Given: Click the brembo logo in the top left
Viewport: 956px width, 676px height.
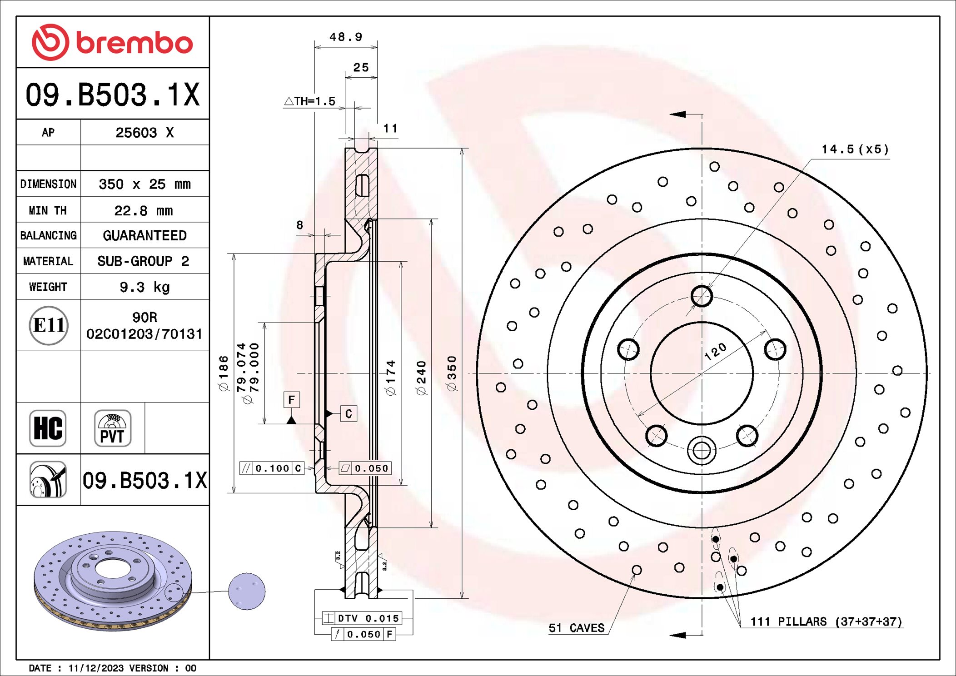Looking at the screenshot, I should (112, 42).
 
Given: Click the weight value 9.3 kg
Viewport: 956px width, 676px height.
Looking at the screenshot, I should (144, 287).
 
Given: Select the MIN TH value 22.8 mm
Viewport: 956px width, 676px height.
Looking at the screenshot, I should (144, 211).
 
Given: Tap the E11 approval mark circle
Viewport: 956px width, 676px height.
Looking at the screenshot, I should (49, 325).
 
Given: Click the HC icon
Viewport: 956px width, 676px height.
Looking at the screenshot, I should (48, 428).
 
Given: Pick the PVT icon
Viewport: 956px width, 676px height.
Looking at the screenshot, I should (112, 428).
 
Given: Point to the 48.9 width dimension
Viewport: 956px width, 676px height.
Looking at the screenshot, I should (345, 37).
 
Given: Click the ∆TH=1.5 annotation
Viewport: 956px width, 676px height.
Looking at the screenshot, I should (310, 101).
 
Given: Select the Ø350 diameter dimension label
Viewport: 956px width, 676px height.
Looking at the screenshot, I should (452, 373).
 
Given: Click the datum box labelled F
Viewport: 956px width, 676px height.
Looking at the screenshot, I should (291, 400).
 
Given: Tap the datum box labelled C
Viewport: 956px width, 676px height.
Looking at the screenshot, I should (349, 413).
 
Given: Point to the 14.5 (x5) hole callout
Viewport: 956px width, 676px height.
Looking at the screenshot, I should (854, 149).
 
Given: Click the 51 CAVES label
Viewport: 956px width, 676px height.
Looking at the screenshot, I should (576, 628).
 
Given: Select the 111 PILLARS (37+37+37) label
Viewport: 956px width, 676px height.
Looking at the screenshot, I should (826, 621).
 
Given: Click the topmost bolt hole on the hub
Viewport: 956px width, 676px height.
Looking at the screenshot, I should (702, 296).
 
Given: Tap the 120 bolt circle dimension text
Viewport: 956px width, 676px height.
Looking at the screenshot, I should (715, 352).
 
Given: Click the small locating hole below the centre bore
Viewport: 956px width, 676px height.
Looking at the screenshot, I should (702, 451).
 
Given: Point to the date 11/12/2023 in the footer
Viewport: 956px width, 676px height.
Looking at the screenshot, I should (96, 668).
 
